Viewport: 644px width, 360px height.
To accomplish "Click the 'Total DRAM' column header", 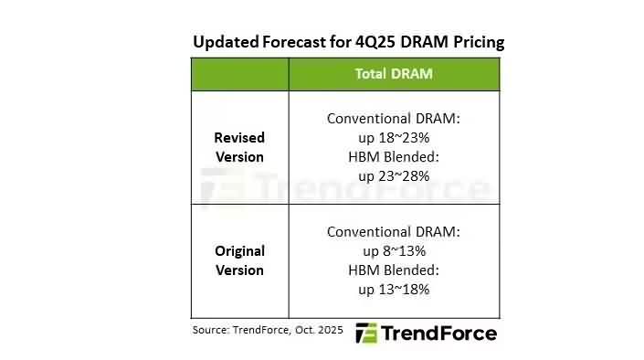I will coord(394,74).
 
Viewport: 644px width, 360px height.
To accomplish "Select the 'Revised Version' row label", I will coord(239,147).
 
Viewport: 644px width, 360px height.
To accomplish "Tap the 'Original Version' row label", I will coord(239,260).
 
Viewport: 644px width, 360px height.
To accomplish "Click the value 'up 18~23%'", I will coord(394,137).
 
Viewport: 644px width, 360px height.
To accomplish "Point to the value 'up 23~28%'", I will coord(394,175).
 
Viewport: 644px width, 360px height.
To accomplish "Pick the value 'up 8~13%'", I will coord(394,250).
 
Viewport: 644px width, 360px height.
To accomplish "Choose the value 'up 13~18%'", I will coord(394,289).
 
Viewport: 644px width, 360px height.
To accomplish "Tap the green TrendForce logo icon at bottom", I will coord(365,333).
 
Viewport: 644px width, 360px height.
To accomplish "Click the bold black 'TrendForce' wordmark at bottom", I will coord(438,333).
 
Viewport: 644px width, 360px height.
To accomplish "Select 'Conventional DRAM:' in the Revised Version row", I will coord(394,119).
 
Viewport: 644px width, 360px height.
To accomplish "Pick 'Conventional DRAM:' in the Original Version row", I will coord(394,232).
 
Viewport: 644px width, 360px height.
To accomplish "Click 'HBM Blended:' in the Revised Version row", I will coord(394,156).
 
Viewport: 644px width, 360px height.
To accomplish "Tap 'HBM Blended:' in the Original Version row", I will coord(394,270).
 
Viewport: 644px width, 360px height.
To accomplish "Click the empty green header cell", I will coord(239,74).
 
